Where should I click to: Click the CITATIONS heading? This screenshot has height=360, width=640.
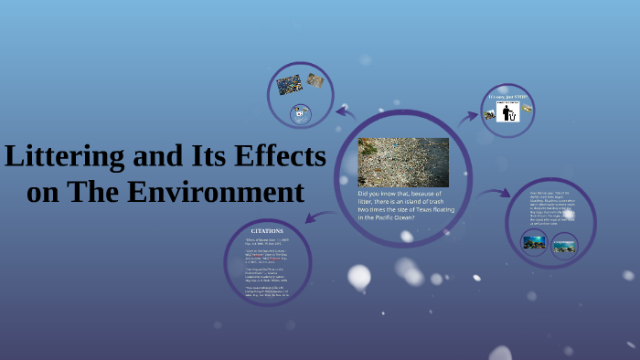(x=267, y=231)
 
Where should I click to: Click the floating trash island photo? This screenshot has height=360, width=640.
(x=402, y=162)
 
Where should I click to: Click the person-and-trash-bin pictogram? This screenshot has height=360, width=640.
(x=507, y=111)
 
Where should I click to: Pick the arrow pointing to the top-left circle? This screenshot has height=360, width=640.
(x=346, y=112)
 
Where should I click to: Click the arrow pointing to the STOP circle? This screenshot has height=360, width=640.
(x=468, y=116)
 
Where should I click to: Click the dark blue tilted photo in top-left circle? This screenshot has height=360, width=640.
(x=290, y=85)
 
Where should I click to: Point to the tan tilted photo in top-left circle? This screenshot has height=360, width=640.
(x=315, y=80)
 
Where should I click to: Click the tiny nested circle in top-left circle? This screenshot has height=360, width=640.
(x=301, y=114)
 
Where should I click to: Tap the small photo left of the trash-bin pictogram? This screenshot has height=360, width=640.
(x=489, y=114)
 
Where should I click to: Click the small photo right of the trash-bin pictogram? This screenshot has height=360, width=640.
(x=527, y=110)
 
